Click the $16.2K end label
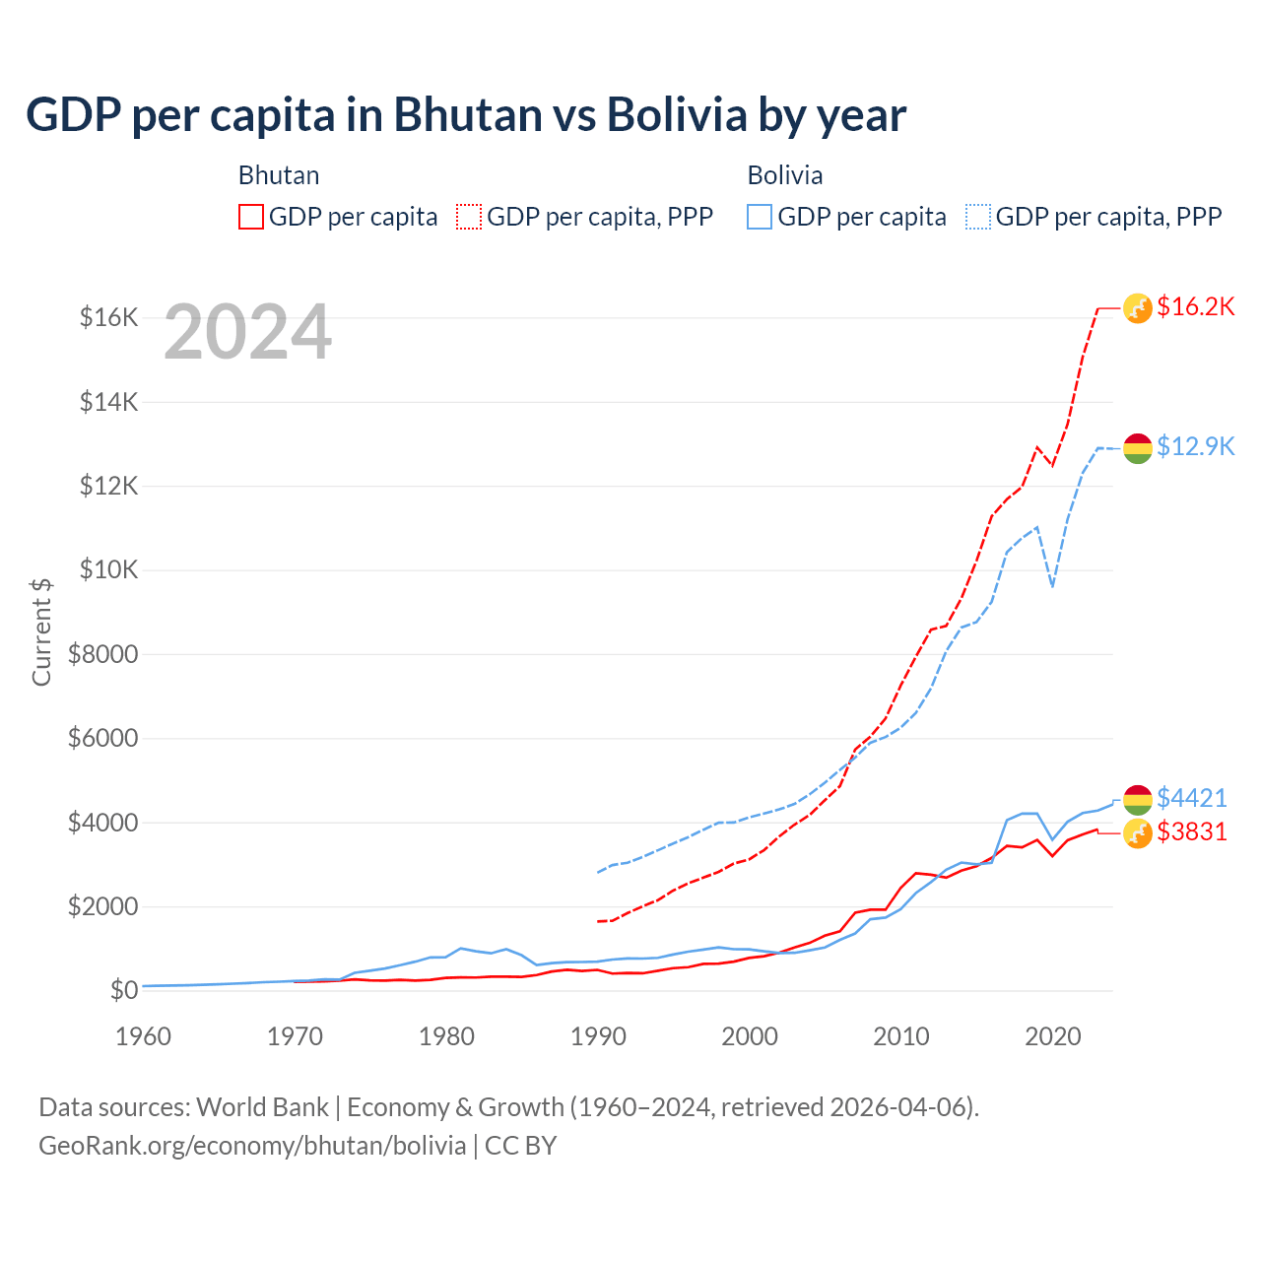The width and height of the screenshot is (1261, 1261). (x=1195, y=306)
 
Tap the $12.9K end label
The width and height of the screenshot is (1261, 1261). (x=1195, y=446)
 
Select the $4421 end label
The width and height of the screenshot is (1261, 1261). (x=1191, y=797)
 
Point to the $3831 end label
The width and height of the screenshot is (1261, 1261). (x=1191, y=831)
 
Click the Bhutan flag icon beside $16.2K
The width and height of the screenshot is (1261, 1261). (x=1138, y=308)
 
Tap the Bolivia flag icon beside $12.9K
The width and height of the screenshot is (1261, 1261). (x=1138, y=448)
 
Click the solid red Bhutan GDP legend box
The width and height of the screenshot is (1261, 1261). (x=251, y=217)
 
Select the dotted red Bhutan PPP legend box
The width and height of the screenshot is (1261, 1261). (x=470, y=217)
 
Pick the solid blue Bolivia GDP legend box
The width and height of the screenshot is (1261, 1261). (x=760, y=217)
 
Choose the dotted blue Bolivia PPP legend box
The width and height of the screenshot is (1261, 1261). (x=978, y=217)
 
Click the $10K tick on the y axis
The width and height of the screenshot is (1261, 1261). (x=108, y=569)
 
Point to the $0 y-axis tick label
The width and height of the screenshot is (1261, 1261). (x=123, y=990)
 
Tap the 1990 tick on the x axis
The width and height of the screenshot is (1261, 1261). (x=598, y=1036)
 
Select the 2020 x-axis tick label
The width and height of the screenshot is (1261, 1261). (x=1053, y=1036)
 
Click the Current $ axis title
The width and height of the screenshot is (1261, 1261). (x=41, y=632)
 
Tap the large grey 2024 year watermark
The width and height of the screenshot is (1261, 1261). (x=247, y=333)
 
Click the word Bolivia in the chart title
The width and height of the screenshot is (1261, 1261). (x=677, y=115)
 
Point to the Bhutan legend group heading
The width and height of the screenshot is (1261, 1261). (x=279, y=175)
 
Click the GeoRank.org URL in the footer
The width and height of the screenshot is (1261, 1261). (x=252, y=1146)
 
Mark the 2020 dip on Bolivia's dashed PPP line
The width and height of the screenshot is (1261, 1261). (x=1052, y=586)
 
